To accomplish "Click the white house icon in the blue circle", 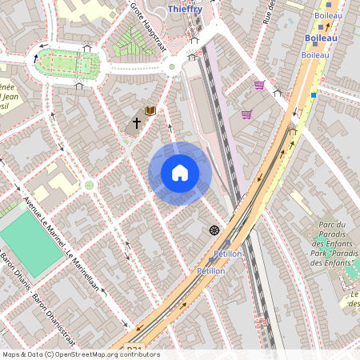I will tap(180, 172).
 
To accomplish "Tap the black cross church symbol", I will tap(137, 124).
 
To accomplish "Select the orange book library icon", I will tap(150, 111).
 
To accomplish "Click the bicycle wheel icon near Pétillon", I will tap(214, 230).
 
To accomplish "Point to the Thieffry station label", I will tap(186, 9).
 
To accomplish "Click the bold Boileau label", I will tap(321, 38).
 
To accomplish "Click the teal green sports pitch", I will tap(31, 244).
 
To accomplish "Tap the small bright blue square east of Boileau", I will tap(314, 95).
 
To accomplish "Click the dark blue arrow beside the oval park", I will tap(36, 58).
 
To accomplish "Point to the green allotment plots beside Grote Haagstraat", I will tap(133, 40).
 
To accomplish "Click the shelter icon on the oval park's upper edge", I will tap(86, 48).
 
